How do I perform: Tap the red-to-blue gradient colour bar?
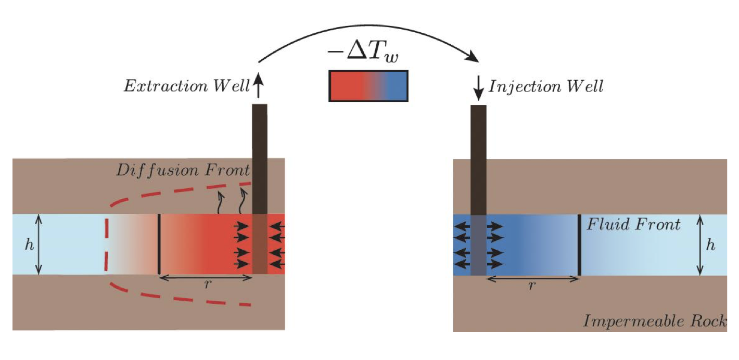point(368,85)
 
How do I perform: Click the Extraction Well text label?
point(186,86)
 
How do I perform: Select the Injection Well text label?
point(546,86)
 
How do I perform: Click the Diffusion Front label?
point(184,170)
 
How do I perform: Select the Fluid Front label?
point(633,225)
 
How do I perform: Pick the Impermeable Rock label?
point(654,320)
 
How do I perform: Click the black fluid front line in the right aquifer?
point(579,245)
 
